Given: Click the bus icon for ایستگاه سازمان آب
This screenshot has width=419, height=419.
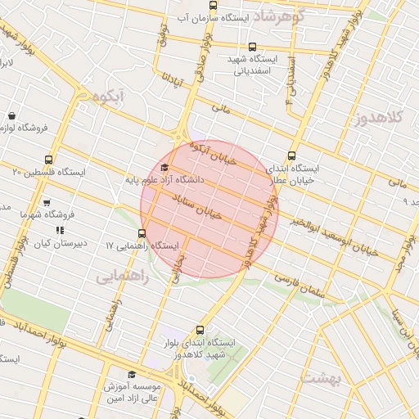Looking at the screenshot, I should tap(213, 7).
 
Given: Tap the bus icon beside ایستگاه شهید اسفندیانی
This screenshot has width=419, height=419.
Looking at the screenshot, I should tap(251, 47).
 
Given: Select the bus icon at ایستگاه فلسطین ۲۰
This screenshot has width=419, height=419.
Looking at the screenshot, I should tap(49, 160).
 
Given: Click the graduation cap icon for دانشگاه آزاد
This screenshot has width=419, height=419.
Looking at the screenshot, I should tap(164, 168).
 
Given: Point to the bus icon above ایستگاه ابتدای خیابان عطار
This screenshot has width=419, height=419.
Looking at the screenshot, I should tap(292, 156).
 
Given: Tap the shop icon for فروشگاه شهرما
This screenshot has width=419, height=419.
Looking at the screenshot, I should tap(47, 203).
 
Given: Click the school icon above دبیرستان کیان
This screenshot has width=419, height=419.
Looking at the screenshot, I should tap(59, 232).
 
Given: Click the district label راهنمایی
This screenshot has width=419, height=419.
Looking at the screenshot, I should tap(123, 277).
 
